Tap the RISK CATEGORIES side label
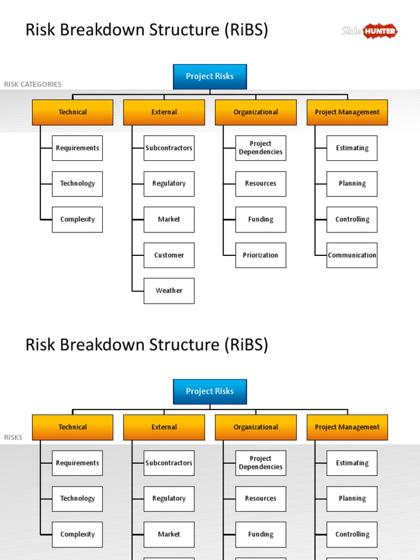pos(33,84)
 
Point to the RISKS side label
pos(13,437)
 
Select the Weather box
pos(169,291)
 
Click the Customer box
pos(169,255)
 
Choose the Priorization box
pos(260,255)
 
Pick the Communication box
pos(352,255)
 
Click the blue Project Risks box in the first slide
pos(210,77)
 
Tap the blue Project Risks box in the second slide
pos(210,392)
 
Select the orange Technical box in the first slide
pos(73,112)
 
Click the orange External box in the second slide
pos(164,427)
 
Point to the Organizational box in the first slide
pos(256,112)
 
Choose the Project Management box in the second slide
pos(347,427)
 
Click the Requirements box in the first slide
pos(77,148)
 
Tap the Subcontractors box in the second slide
pos(169,463)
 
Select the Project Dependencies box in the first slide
pos(260,148)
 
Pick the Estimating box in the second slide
pos(352,463)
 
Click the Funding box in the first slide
pos(260,219)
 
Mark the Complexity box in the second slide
pos(77,534)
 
